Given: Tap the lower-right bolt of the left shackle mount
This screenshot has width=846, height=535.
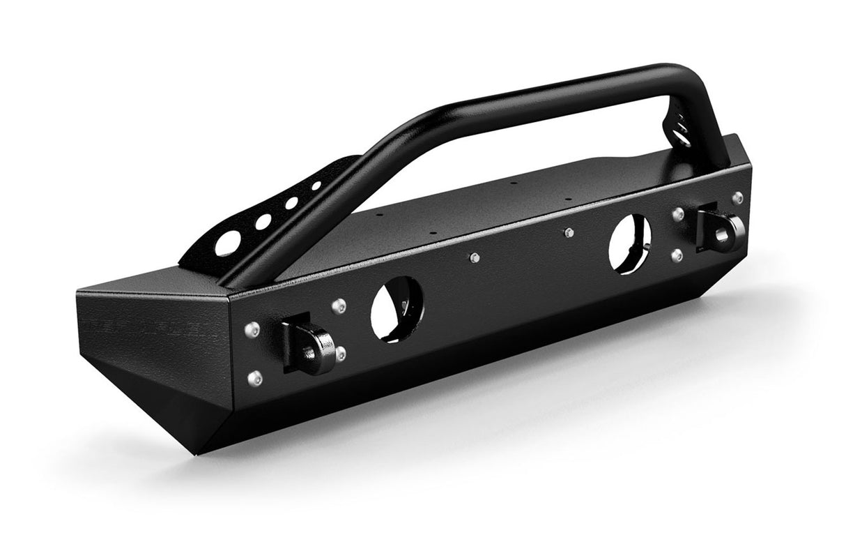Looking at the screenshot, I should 341,354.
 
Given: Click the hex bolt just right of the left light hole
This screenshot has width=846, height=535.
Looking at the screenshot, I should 473,259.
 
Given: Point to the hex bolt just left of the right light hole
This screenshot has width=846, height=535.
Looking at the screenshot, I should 568,232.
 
